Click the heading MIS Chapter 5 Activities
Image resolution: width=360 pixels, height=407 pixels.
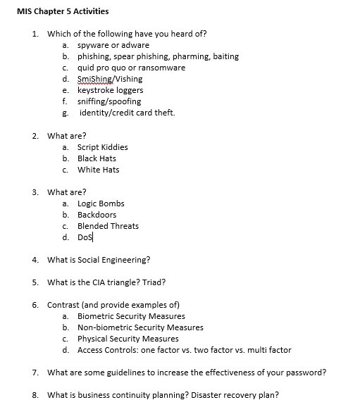(x=63, y=11)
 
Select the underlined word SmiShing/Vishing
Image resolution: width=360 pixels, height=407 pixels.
(x=109, y=79)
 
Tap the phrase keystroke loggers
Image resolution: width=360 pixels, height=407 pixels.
(x=110, y=90)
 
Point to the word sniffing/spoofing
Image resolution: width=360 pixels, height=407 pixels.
(x=108, y=101)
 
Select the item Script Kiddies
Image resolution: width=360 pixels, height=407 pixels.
(x=102, y=147)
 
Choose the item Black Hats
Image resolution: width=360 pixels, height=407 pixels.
(x=97, y=158)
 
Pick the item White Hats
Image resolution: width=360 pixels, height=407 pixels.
(x=98, y=170)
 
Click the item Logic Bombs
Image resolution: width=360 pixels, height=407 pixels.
(x=101, y=203)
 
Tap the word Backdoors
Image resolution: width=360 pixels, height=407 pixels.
(x=97, y=215)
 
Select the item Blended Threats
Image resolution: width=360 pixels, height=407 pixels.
(x=108, y=226)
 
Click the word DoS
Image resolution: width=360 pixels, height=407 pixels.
(x=85, y=237)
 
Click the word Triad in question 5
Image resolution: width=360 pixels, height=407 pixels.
(x=154, y=282)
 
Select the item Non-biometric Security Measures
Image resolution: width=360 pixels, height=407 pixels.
(x=140, y=327)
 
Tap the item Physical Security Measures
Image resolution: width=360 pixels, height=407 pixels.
(x=128, y=339)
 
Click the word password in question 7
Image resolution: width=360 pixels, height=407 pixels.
(x=307, y=372)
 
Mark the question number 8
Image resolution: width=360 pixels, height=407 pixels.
(x=35, y=395)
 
